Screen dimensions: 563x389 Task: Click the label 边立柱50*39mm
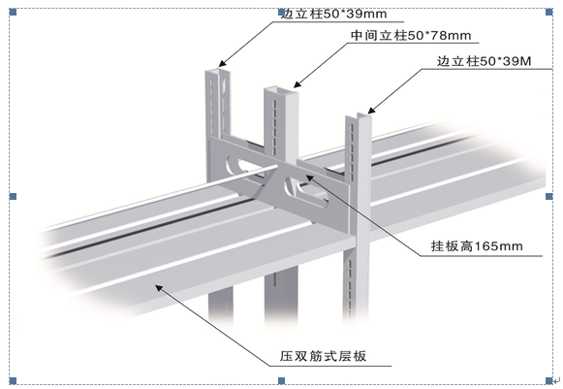[333, 14]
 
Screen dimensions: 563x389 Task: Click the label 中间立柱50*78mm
[411, 35]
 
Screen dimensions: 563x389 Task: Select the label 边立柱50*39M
[484, 61]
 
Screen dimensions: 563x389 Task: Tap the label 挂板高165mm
[477, 246]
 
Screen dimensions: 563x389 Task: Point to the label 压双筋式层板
[323, 356]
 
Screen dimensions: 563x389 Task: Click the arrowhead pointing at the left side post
[223, 63]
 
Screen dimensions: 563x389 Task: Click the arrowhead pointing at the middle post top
[297, 83]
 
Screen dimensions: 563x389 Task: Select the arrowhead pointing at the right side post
[372, 110]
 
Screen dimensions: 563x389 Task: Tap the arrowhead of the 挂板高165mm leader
[309, 178]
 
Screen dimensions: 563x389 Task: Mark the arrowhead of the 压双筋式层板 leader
[159, 288]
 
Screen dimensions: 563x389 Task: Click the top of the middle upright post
[281, 90]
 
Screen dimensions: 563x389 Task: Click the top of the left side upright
[218, 70]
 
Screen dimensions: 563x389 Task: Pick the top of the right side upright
[359, 116]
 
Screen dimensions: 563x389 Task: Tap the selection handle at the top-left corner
[13, 13]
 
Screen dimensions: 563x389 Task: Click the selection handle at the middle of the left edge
[13, 196]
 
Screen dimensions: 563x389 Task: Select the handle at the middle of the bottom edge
[281, 380]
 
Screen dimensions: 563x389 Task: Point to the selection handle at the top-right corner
[549, 13]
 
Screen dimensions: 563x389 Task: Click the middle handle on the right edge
[549, 196]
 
